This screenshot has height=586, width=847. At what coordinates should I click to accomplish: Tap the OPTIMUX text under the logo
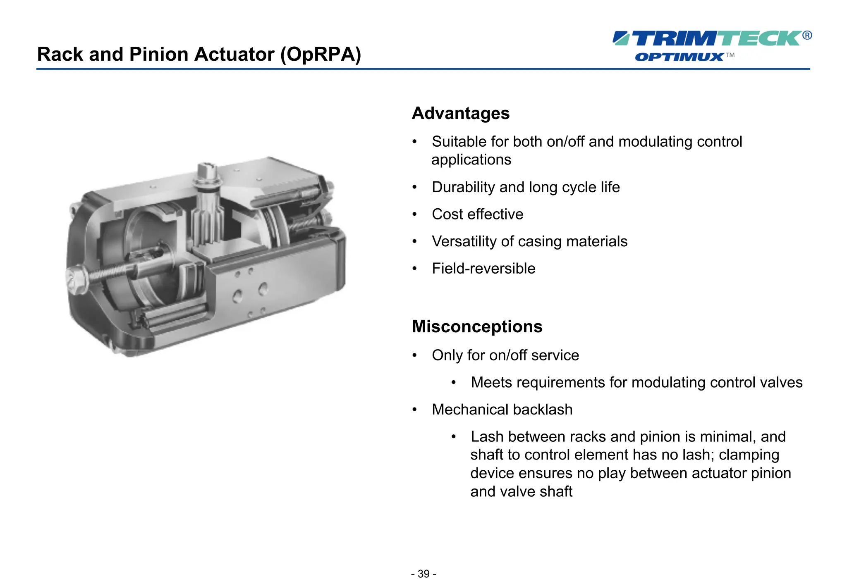click(x=679, y=57)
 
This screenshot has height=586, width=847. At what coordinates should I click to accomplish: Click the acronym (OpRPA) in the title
click(x=321, y=55)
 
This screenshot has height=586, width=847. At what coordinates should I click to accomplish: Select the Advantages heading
click(x=461, y=113)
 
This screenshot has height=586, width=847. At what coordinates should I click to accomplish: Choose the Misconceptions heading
click(x=477, y=326)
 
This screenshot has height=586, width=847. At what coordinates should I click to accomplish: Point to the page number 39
click(x=423, y=574)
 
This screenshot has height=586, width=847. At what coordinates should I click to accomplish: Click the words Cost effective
click(x=478, y=214)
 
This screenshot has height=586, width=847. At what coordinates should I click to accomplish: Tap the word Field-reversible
click(x=483, y=268)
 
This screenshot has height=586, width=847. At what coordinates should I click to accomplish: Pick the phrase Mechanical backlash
click(x=502, y=410)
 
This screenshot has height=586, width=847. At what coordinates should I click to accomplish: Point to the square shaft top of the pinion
click(x=206, y=171)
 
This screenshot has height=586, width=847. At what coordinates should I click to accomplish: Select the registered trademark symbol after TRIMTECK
click(x=807, y=35)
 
